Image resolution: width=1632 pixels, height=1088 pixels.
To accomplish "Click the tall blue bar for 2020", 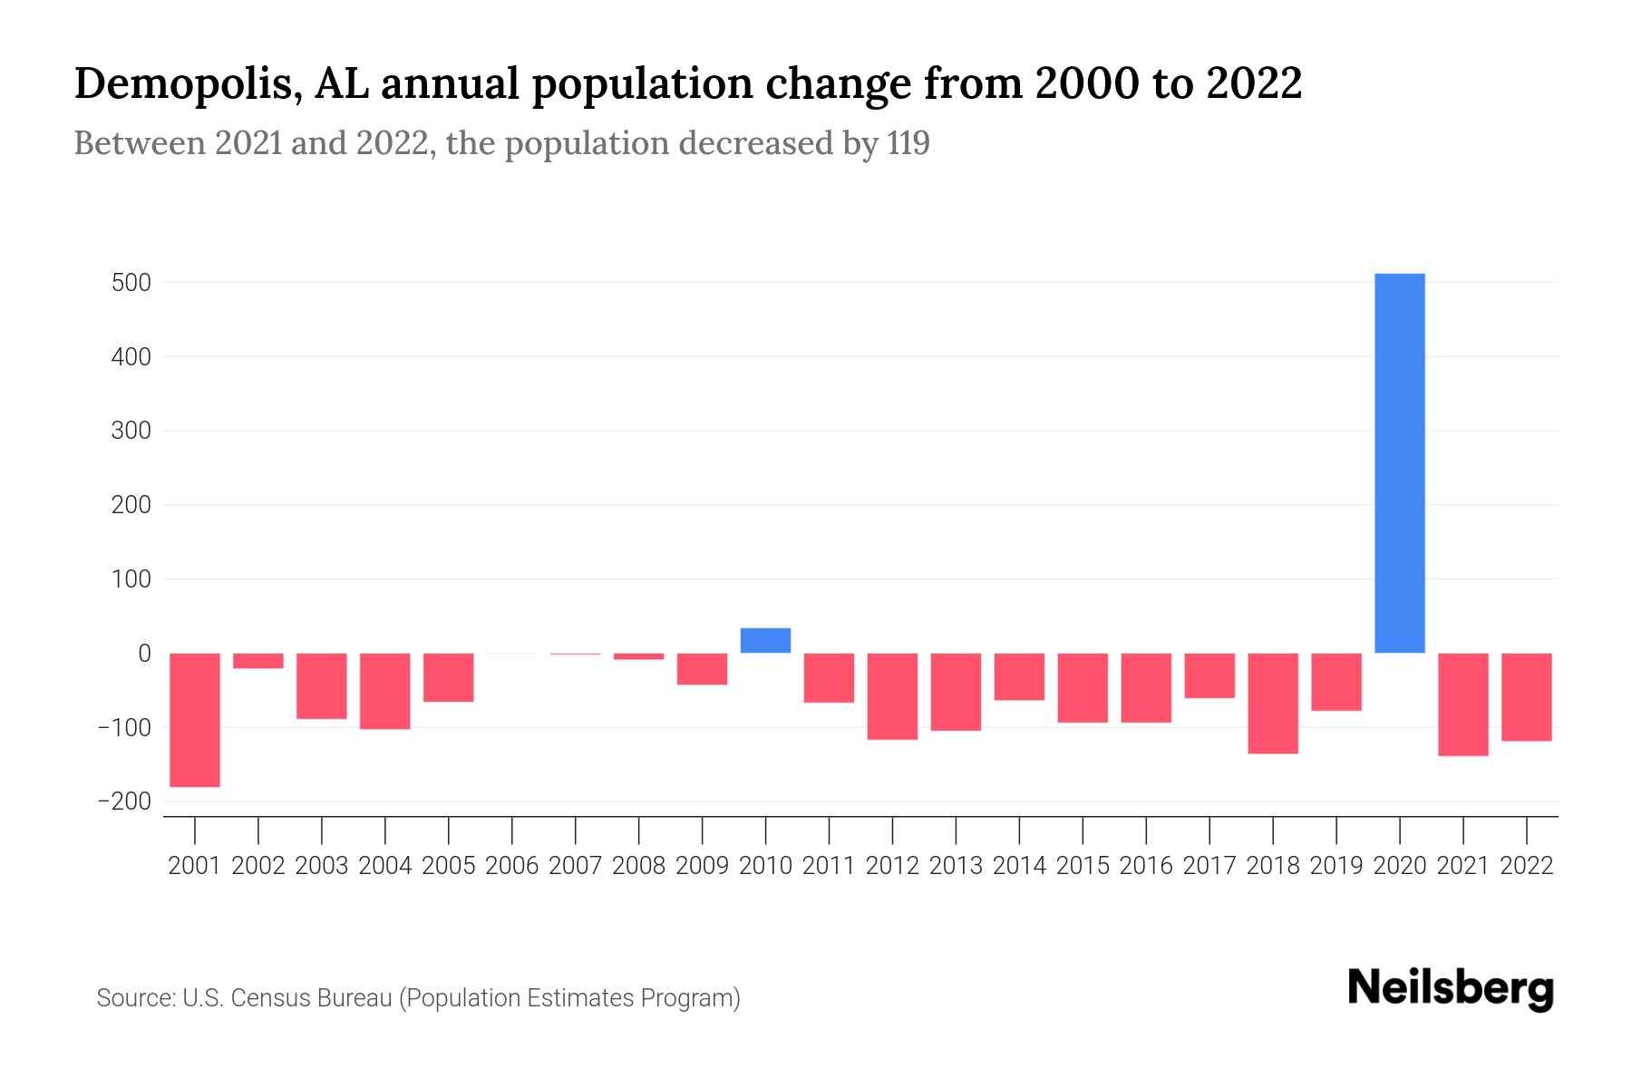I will (x=1400, y=462).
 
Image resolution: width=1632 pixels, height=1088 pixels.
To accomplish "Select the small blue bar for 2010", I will (x=765, y=640).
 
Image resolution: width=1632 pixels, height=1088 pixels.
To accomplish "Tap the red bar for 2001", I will (x=195, y=720).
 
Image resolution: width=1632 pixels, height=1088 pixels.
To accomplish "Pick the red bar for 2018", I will (x=1273, y=703).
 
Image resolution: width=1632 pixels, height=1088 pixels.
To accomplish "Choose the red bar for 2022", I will (x=1527, y=696).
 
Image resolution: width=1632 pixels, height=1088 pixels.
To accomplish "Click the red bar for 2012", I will (x=892, y=695).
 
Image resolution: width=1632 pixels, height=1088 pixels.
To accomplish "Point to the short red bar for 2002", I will (x=258, y=661).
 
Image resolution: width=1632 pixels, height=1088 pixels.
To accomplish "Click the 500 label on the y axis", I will (x=131, y=283).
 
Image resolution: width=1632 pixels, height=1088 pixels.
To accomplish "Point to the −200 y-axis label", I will (x=124, y=801).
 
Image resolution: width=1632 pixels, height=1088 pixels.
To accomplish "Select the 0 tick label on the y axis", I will (x=144, y=653).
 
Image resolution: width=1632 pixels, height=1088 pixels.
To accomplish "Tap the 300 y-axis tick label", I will (x=131, y=431).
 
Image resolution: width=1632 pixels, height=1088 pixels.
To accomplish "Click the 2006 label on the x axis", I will (x=512, y=866).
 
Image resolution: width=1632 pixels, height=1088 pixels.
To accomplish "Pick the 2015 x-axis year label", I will (x=1083, y=866).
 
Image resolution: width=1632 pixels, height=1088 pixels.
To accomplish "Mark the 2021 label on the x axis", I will (x=1463, y=866).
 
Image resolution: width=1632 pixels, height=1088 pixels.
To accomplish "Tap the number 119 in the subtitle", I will (x=908, y=143).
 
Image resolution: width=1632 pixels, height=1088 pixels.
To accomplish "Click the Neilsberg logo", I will (x=1451, y=988).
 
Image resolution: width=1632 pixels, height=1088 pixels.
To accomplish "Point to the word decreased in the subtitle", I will (x=778, y=143).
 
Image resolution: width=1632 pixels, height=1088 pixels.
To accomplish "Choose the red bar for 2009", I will (x=702, y=668).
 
